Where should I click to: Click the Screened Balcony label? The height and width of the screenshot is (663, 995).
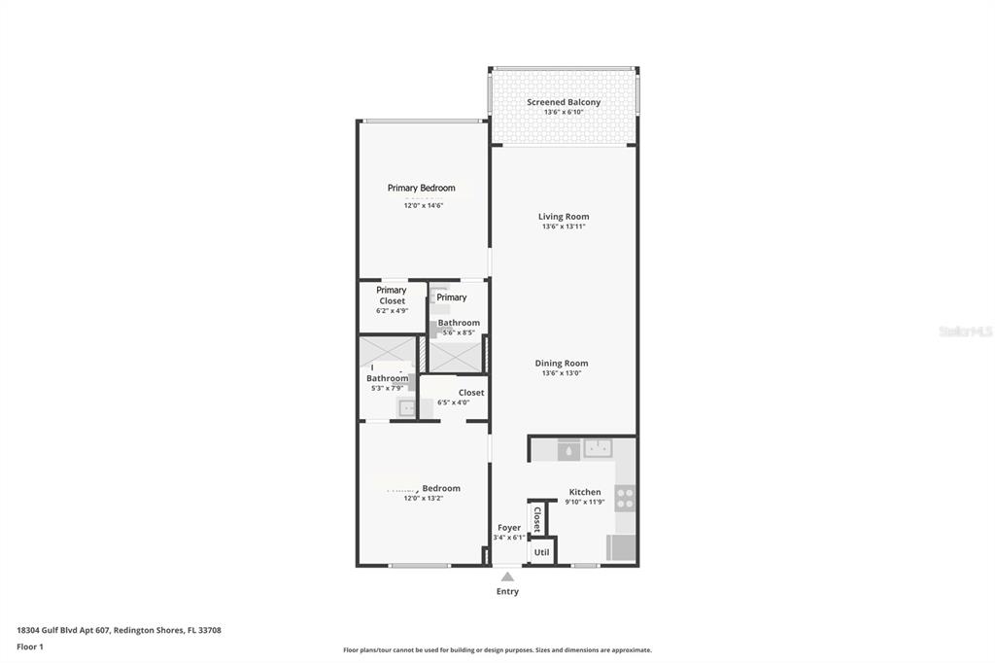[x=564, y=102]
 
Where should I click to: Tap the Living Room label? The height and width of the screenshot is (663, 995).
[x=564, y=217]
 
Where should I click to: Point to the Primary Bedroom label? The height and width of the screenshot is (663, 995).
[x=421, y=188]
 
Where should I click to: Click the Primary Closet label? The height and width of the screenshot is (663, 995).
[x=392, y=296]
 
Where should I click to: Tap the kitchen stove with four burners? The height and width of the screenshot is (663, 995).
[x=626, y=499]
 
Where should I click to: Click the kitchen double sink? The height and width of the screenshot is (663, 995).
[x=598, y=448]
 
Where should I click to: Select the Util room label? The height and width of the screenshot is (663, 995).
[x=541, y=552]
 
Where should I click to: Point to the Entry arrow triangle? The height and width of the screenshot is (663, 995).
[x=507, y=576]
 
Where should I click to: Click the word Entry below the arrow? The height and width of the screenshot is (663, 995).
[x=507, y=591]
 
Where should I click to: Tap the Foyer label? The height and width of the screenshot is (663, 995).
[x=508, y=528]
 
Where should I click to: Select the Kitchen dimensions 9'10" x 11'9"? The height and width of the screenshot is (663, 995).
[x=585, y=503]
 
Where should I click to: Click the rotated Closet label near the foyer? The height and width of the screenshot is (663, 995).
[x=536, y=517]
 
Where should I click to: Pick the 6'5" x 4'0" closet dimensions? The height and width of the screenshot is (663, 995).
[x=453, y=402]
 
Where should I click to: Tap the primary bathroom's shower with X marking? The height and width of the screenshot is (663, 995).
[x=456, y=355]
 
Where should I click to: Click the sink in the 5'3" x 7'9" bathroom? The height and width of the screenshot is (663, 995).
[x=406, y=408]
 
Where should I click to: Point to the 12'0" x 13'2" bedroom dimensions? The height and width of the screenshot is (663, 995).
[x=423, y=498]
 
